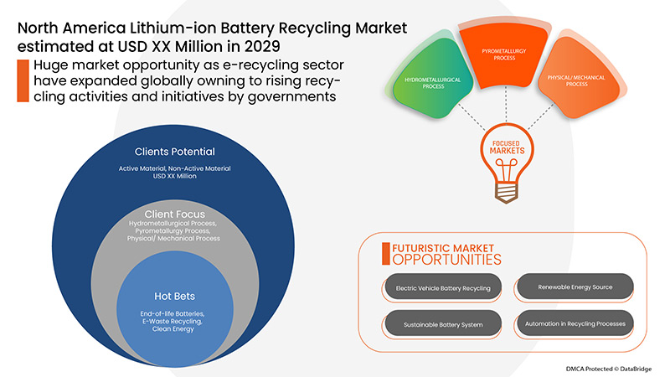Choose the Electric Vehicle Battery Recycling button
coord(443,288)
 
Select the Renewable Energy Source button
coord(574,287)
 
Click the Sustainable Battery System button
coord(443,323)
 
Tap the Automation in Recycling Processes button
coord(574,323)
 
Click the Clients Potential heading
coord(175,152)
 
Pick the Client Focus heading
coord(175,214)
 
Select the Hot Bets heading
coord(175,296)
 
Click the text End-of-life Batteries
coord(175,312)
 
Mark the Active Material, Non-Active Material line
coord(175,168)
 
